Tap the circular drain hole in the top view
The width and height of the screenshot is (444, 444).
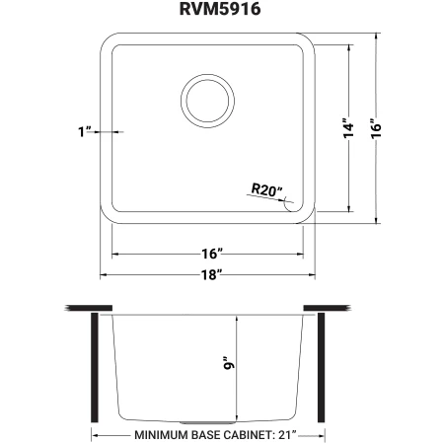pyautogui.click(x=207, y=101)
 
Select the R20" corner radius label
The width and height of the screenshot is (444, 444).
pyautogui.click(x=265, y=188)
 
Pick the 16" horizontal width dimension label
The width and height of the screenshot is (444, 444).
pyautogui.click(x=207, y=254)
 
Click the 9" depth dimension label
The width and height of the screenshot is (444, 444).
pyautogui.click(x=230, y=366)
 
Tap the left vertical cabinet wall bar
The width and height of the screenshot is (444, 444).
pyautogui.click(x=94, y=366)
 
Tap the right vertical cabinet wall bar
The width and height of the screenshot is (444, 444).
pyautogui.click(x=321, y=366)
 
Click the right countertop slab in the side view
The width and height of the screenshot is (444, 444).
pyautogui.click(x=329, y=309)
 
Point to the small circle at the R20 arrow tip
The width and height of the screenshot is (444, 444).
pyautogui.click(x=289, y=205)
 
